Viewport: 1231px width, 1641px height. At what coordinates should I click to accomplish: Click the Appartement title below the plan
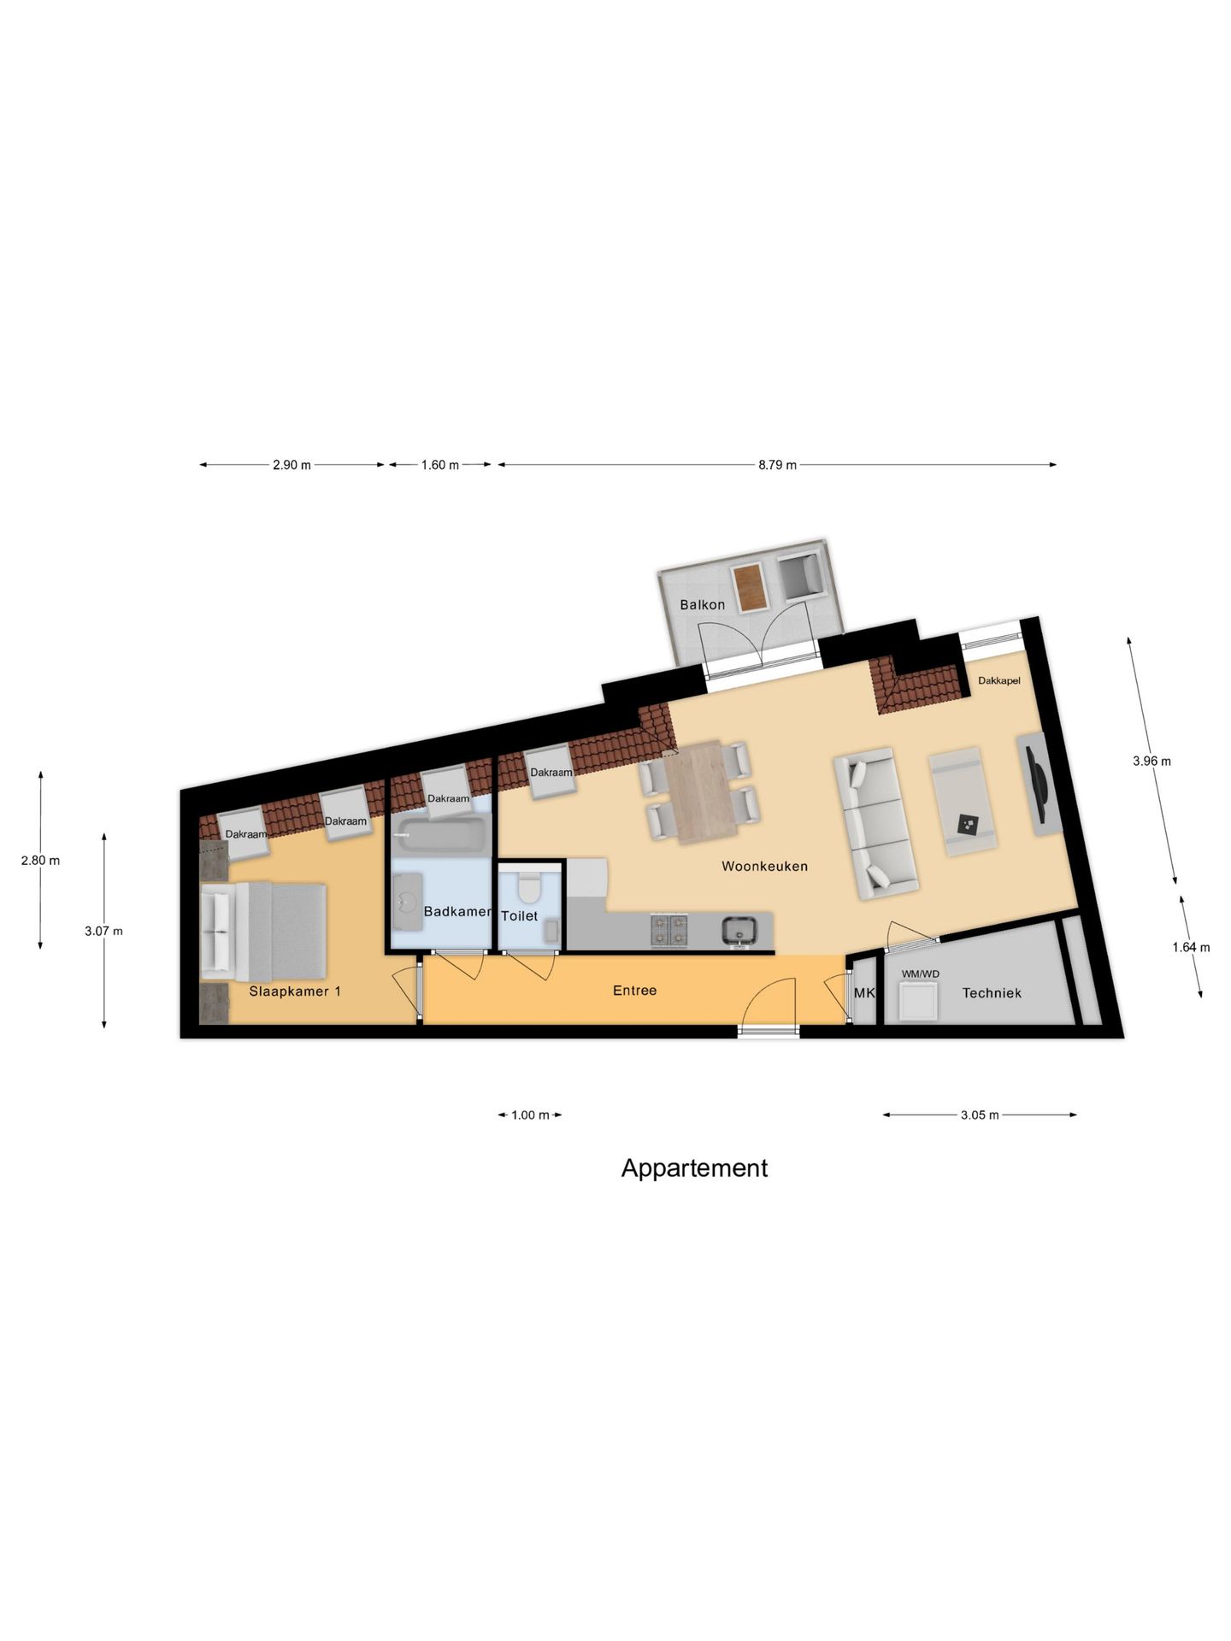pos(693,1168)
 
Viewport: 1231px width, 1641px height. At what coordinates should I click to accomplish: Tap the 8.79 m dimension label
pos(776,465)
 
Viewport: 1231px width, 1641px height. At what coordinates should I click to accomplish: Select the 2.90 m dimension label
pos(292,465)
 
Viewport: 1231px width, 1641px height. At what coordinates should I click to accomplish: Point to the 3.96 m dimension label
pos(1151,761)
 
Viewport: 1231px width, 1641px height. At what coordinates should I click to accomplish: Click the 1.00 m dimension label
pos(530,1115)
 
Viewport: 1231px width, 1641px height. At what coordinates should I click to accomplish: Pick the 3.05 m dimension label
pos(979,1115)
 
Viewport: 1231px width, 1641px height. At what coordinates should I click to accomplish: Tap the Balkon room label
pos(702,604)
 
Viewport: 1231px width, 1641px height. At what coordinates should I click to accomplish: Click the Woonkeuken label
pos(764,866)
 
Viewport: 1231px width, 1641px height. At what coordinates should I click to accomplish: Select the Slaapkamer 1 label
pos(295,991)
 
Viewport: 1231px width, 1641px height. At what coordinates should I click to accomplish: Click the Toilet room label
pos(519,915)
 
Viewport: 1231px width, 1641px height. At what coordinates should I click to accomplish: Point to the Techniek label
pos(991,993)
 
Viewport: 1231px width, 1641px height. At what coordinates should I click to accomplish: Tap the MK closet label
pos(864,993)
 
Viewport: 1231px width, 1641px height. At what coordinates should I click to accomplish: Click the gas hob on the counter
pos(669,930)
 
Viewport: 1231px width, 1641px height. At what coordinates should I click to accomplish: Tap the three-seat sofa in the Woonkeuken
pos(875,823)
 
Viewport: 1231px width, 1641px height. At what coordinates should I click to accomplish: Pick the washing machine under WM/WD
pos(917,1002)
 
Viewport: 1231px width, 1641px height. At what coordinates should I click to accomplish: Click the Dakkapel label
pos(998,680)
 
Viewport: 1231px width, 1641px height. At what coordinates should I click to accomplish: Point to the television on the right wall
pos(1040,782)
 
